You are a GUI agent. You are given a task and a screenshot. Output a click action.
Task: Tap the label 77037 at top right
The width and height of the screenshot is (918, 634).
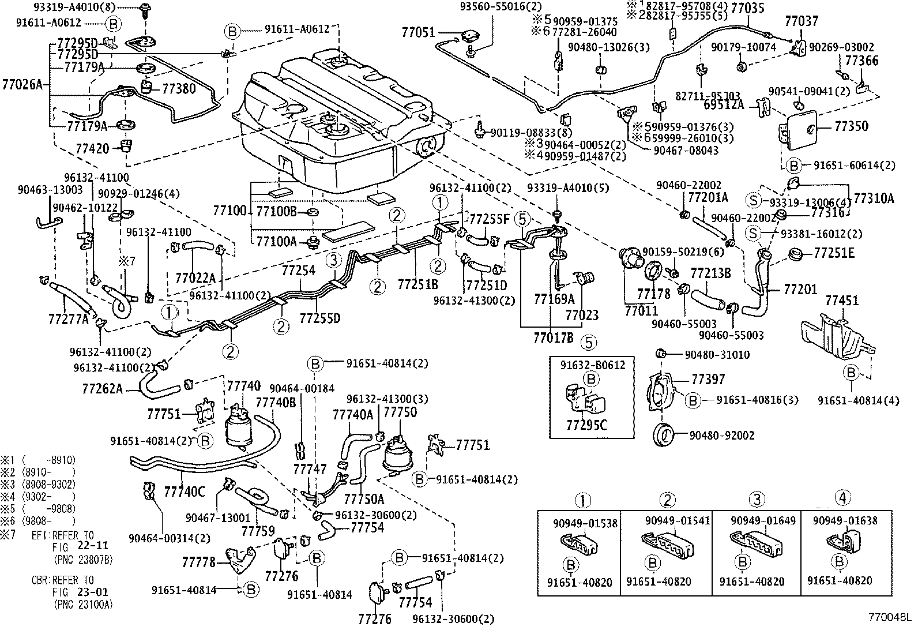pos(801,21)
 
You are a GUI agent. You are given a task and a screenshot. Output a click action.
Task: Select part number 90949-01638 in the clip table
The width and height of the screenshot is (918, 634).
pos(845,521)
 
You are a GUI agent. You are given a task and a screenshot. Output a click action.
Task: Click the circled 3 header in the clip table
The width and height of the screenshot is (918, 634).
pos(757,500)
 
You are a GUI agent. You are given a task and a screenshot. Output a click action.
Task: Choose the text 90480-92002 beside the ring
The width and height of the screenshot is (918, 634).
pos(721,436)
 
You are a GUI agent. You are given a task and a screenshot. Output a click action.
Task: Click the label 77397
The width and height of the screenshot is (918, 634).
pos(708,380)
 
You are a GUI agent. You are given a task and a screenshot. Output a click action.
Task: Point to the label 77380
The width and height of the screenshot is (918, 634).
pos(179,89)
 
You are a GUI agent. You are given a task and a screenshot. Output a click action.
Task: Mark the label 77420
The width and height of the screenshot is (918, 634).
pos(92,148)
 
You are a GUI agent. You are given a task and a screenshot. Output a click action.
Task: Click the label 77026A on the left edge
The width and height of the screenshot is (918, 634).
pos(23,85)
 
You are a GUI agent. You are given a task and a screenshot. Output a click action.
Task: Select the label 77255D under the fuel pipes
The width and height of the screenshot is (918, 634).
pos(320,317)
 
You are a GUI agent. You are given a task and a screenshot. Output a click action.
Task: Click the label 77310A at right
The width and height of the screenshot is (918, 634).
pos(874,199)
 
